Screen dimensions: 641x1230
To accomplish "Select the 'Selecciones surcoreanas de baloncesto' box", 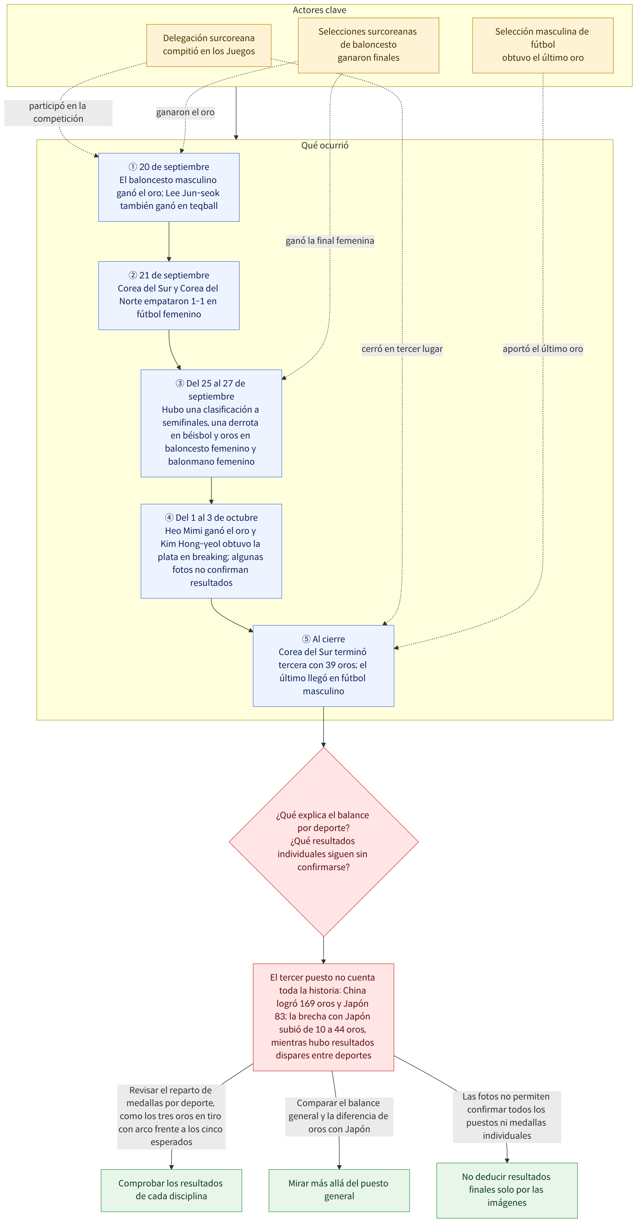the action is [x=368, y=45].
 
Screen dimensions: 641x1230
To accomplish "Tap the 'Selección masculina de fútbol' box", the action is [x=543, y=45].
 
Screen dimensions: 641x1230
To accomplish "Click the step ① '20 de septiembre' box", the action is [x=169, y=187].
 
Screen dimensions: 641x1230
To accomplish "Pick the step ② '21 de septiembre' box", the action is [x=169, y=296].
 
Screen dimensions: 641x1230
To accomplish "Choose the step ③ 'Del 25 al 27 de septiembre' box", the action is [x=211, y=423].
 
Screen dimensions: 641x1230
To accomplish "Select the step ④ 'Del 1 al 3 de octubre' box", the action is [x=211, y=551].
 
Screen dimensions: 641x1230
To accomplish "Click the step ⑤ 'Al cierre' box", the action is [x=323, y=666].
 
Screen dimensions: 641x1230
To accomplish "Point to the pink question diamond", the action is [x=323, y=842].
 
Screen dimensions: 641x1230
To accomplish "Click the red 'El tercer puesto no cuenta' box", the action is [x=323, y=1017].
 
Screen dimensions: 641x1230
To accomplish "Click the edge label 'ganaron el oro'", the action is [x=185, y=112].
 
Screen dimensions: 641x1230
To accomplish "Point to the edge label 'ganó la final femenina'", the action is [x=330, y=241].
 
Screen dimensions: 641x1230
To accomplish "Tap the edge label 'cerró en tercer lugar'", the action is [x=402, y=349].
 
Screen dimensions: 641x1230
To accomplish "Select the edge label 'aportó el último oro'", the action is [x=543, y=349].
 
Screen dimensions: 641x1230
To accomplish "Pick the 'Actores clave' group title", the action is [x=319, y=10].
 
